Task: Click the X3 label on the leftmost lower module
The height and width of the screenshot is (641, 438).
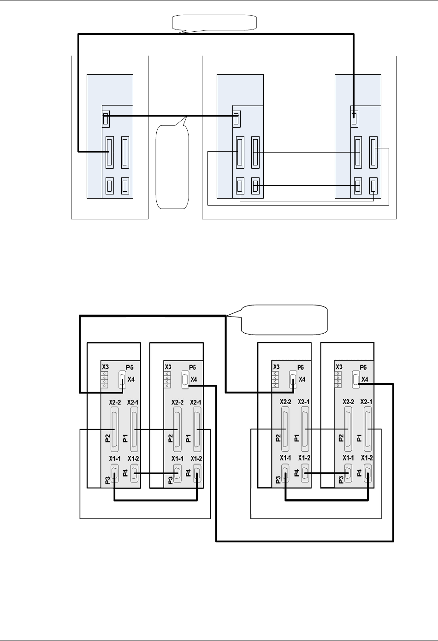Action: [105, 367]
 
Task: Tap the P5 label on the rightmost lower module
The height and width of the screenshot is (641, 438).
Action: [363, 367]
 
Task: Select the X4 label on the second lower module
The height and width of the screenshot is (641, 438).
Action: [194, 379]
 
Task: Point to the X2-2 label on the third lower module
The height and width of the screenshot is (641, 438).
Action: [285, 402]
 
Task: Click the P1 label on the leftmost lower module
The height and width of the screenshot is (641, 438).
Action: [125, 438]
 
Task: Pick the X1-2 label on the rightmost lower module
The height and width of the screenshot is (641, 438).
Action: [367, 458]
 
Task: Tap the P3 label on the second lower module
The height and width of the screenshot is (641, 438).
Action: [170, 480]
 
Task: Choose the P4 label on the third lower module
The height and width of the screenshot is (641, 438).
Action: [296, 473]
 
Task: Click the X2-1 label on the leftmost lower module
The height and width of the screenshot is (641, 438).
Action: [132, 402]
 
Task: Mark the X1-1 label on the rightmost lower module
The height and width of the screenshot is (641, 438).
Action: [348, 458]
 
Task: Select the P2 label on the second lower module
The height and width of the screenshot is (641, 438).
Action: [170, 438]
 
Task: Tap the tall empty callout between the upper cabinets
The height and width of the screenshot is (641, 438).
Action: [172, 167]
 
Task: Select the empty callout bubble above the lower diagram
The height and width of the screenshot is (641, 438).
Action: [284, 320]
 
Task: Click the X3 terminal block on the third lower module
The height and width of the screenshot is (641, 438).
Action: [275, 379]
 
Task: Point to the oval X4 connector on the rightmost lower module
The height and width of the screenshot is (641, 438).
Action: [356, 379]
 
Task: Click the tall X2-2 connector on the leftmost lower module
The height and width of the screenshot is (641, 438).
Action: [114, 429]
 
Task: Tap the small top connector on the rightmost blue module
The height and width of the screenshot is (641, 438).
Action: [355, 119]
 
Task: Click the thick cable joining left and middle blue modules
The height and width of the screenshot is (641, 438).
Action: [171, 116]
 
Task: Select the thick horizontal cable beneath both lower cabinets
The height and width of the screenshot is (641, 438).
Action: [305, 541]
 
